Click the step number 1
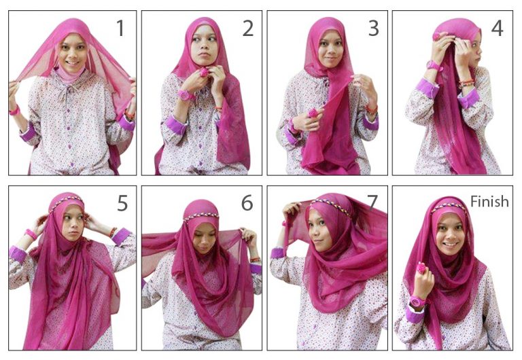pos(120,29)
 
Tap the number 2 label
pos(247,29)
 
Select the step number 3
pos(373,29)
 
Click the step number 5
pos(122,203)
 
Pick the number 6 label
pos(247,203)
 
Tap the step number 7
pos(372,203)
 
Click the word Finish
pos(489,201)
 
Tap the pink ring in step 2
pos(203,71)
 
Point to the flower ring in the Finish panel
pos(421,268)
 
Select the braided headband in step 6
pos(202,216)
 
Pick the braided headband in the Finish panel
pos(448,207)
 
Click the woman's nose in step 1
pos(73,51)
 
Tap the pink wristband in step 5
pos(31,234)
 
